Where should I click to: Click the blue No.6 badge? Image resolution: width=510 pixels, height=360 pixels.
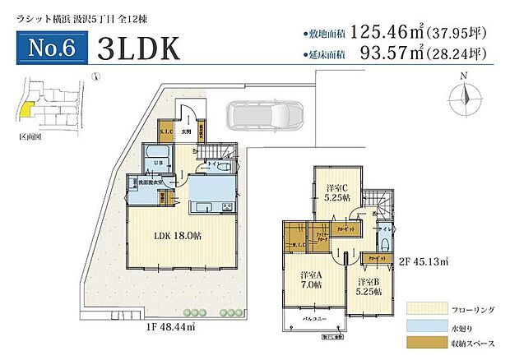[52, 47]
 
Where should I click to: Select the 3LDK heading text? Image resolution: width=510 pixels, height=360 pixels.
[138, 48]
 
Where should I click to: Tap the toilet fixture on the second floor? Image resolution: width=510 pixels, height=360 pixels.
[383, 243]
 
